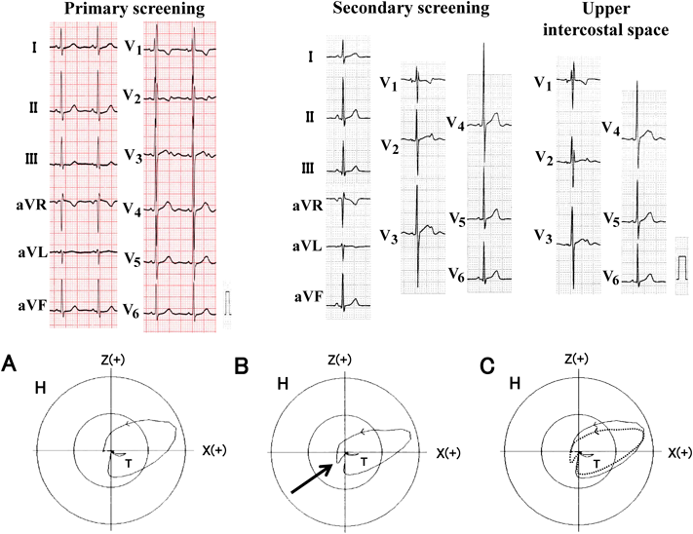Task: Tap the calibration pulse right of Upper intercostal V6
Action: (x=680, y=264)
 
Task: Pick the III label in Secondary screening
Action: (x=308, y=168)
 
